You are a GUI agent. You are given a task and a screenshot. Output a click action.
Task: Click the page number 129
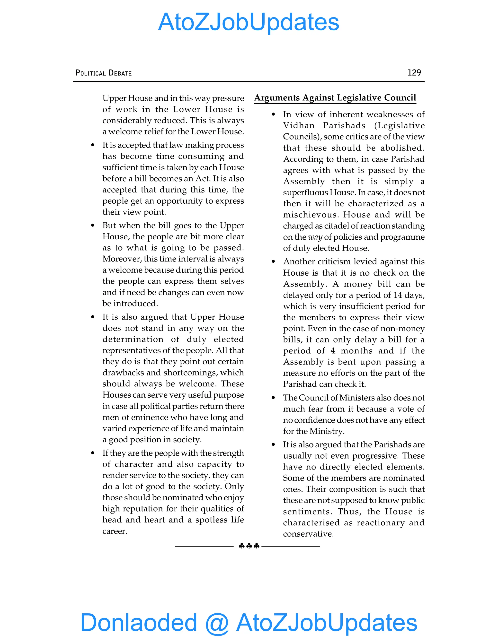pyautogui.click(x=414, y=72)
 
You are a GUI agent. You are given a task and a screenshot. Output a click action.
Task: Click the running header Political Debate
pyautogui.click(x=104, y=73)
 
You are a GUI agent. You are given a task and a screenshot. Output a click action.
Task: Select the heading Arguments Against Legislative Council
pyautogui.click(x=335, y=98)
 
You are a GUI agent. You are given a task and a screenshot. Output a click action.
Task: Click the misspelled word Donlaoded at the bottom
pyautogui.click(x=139, y=622)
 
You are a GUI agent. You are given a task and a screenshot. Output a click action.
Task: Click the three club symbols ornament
pyautogui.click(x=249, y=546)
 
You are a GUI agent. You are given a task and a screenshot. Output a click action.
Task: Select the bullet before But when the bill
pyautogui.click(x=93, y=226)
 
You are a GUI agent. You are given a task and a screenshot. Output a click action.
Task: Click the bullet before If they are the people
pyautogui.click(x=93, y=453)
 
